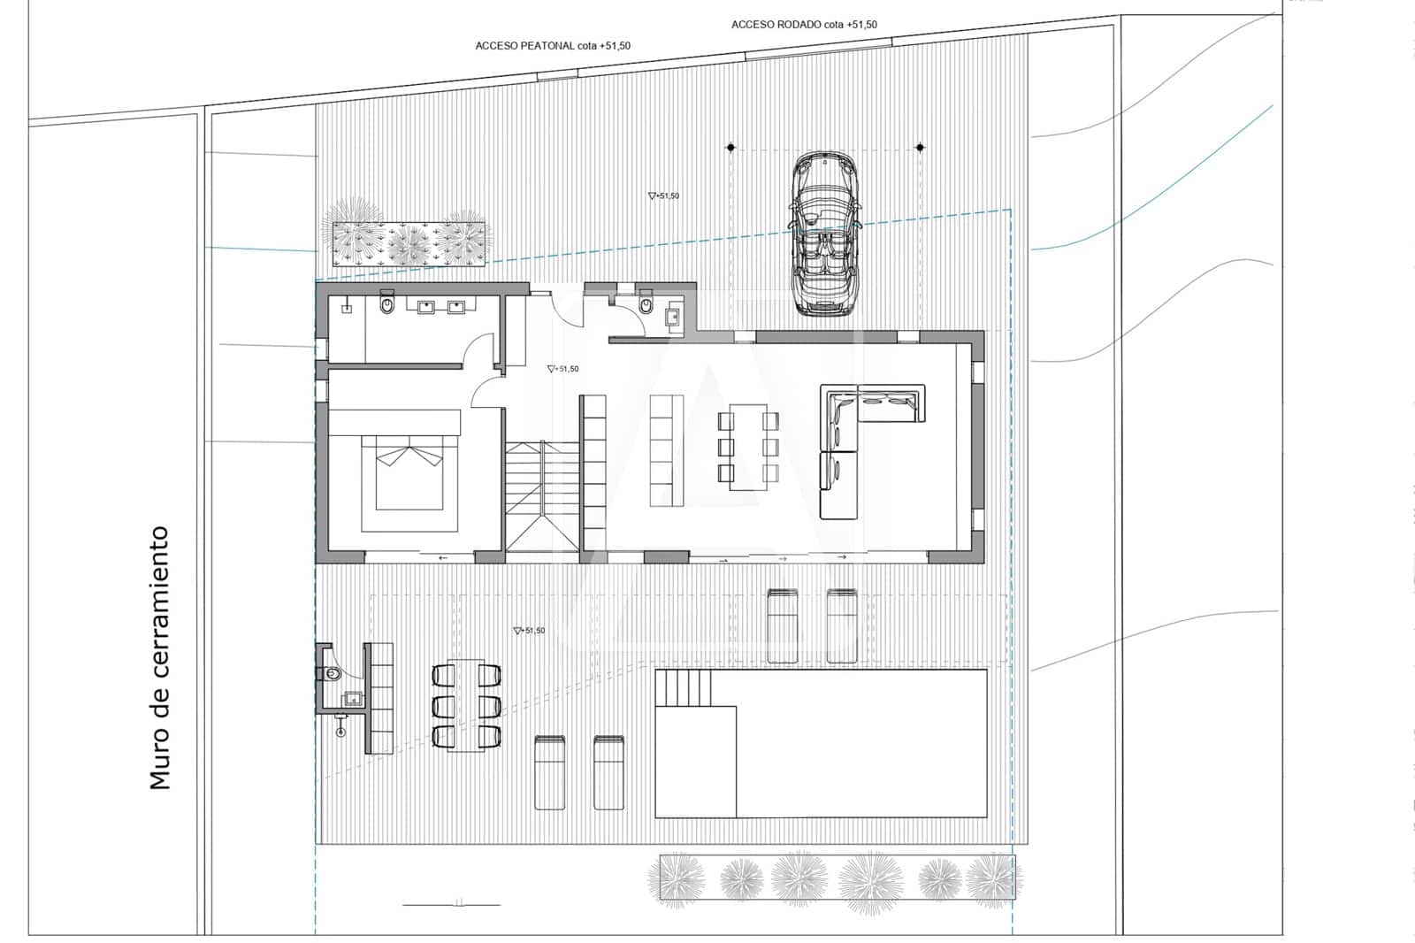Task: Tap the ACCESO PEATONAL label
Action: click(553, 46)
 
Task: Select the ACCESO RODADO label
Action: click(804, 25)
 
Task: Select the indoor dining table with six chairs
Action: click(748, 446)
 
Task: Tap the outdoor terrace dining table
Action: click(466, 705)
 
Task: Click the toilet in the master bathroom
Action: click(386, 306)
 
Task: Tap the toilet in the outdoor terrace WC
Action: click(331, 674)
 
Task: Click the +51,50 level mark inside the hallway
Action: click(562, 369)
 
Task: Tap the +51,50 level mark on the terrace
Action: click(529, 631)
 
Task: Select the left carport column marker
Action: click(731, 147)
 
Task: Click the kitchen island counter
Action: click(667, 450)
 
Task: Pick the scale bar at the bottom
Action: click(451, 904)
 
